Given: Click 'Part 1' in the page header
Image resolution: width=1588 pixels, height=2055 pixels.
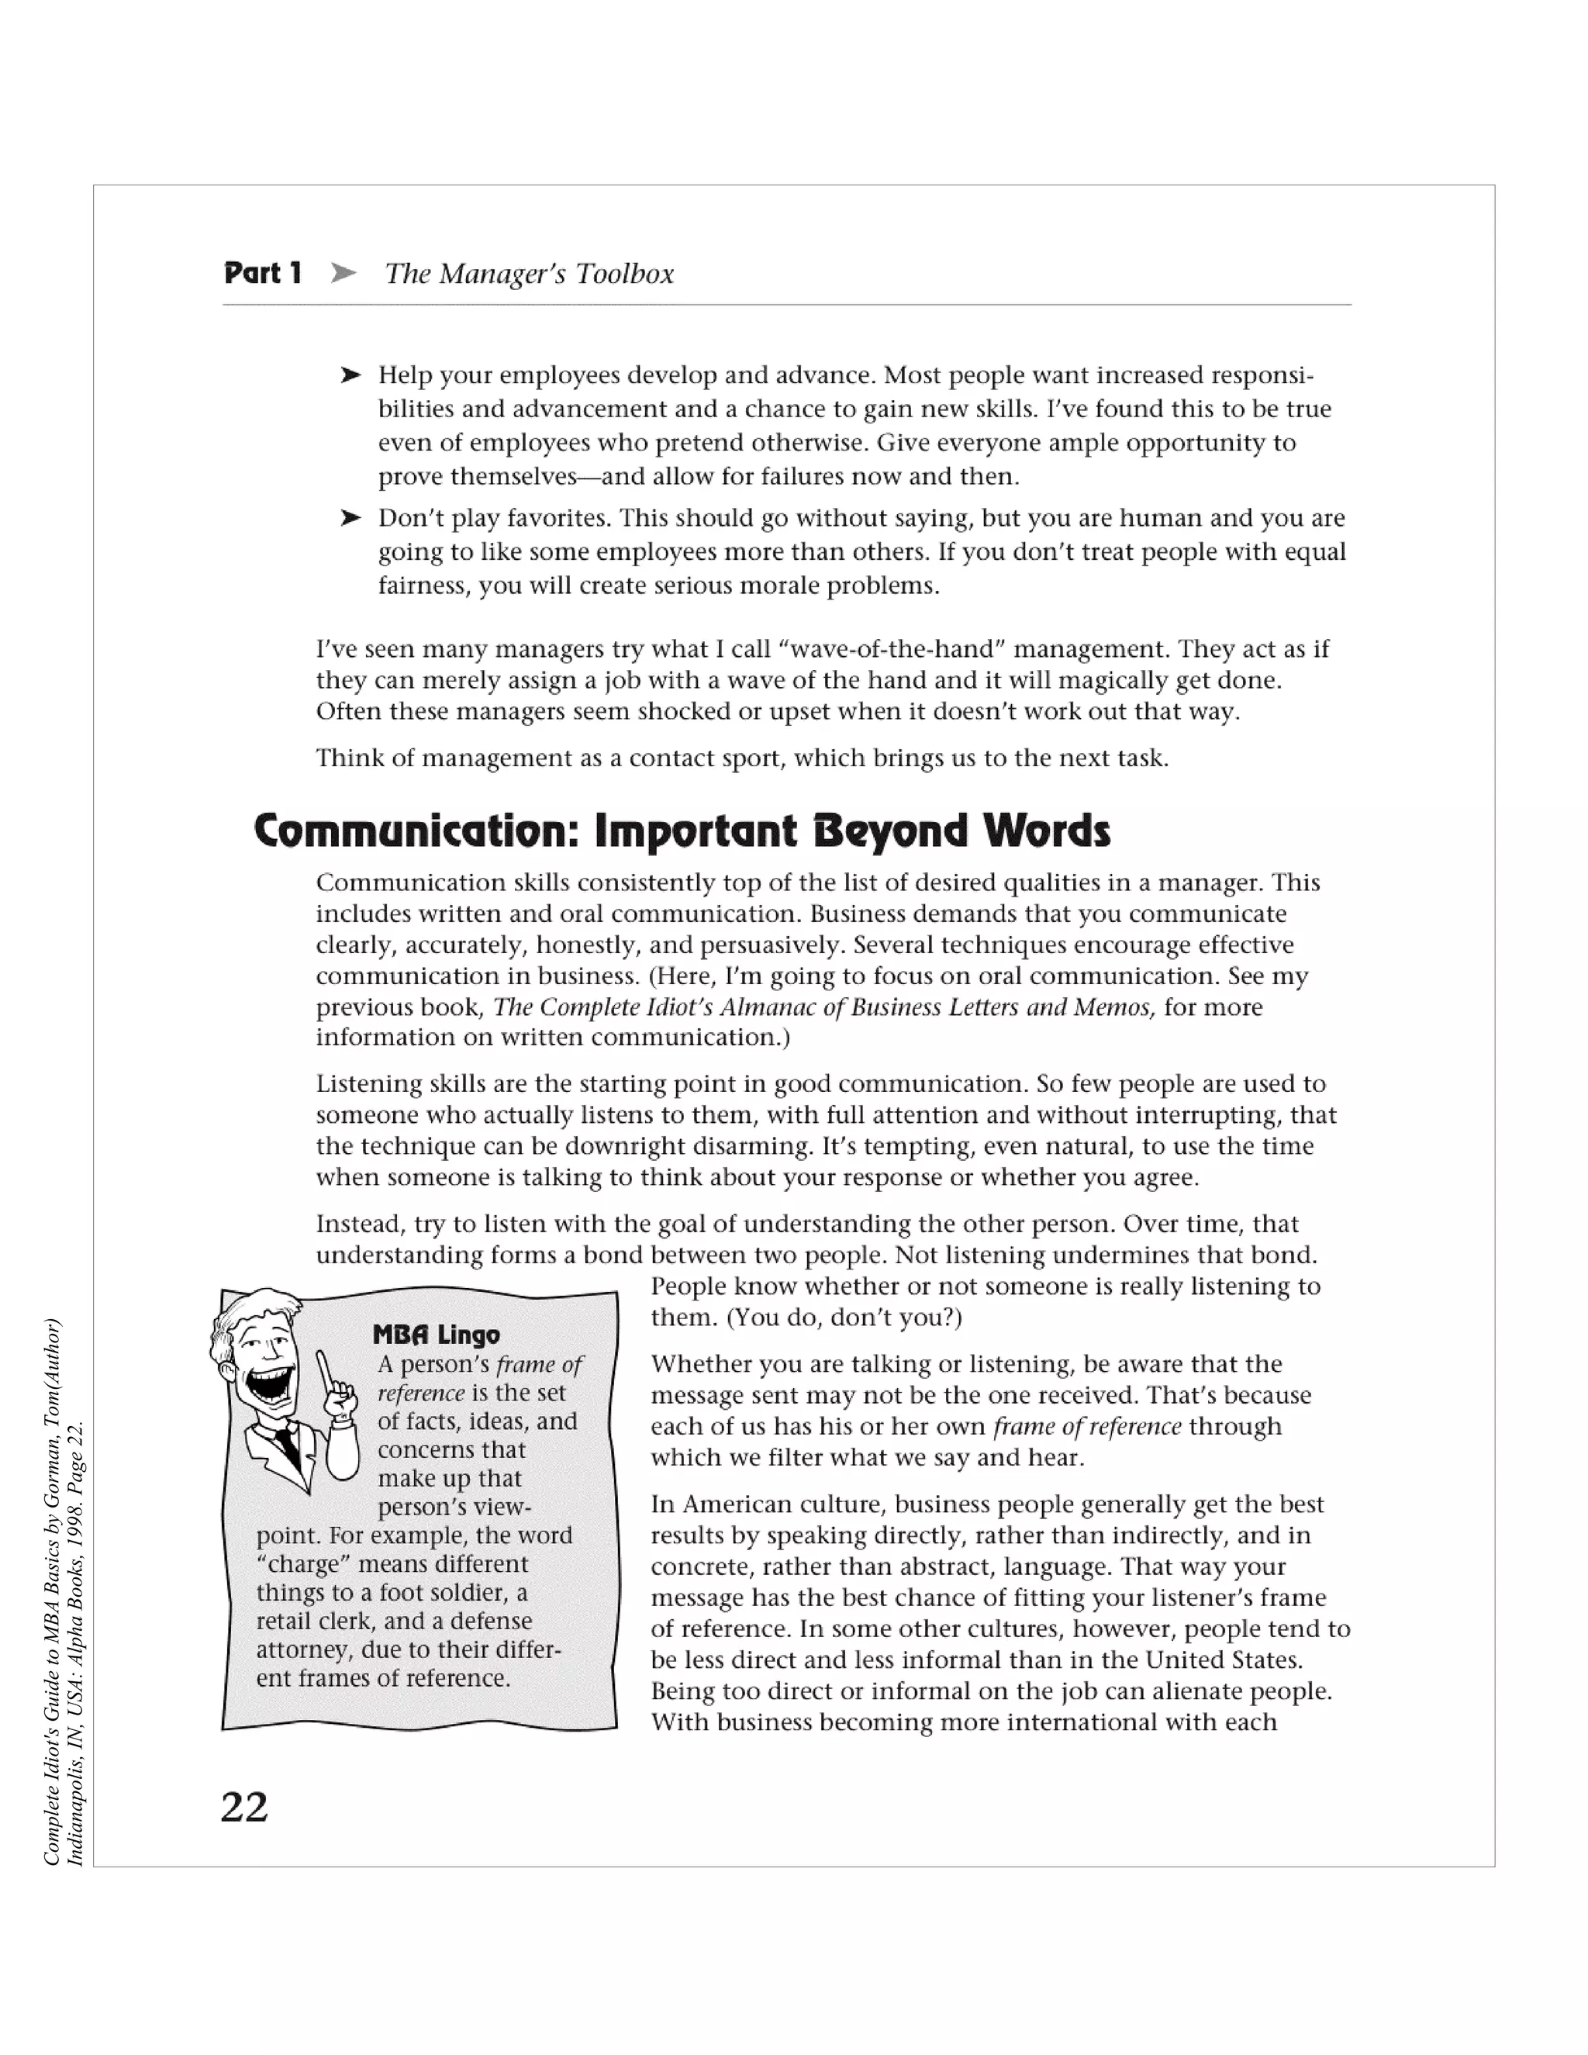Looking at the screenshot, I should [x=263, y=273].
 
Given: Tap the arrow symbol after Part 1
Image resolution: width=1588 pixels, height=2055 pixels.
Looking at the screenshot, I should [x=343, y=273].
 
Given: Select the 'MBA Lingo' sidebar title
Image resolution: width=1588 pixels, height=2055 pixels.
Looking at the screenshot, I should [x=436, y=1335].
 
